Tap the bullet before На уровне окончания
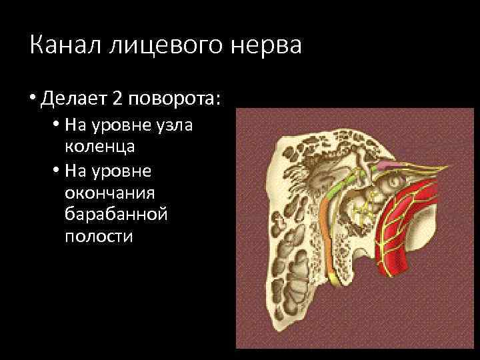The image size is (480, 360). click(54, 172)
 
